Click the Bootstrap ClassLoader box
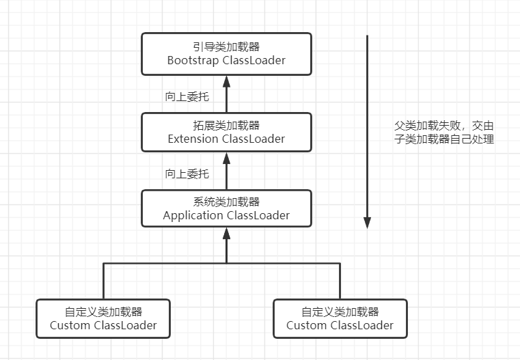click(x=226, y=53)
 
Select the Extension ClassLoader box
click(x=226, y=132)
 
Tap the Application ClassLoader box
click(x=226, y=208)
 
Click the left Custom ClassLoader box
click(x=103, y=318)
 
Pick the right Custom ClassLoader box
click(x=340, y=318)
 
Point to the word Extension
click(x=193, y=139)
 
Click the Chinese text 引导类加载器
click(x=226, y=46)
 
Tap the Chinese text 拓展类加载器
click(x=226, y=125)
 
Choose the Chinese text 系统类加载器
click(x=226, y=202)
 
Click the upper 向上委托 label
click(x=187, y=96)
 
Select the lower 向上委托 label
click(x=187, y=174)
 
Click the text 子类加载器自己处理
click(x=444, y=139)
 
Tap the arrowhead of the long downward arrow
click(x=367, y=223)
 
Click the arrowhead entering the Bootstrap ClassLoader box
click(x=226, y=81)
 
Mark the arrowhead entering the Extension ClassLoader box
click(x=226, y=157)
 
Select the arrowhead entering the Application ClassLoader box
click(x=226, y=234)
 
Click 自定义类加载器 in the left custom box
click(x=103, y=311)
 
